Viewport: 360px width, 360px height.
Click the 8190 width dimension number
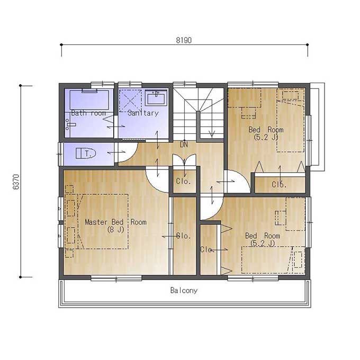(x=184, y=40)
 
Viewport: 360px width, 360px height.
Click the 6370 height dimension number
(x=16, y=182)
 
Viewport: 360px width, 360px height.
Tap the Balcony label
(x=184, y=291)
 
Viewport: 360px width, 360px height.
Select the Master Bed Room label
(x=116, y=222)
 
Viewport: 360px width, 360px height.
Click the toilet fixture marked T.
(x=86, y=153)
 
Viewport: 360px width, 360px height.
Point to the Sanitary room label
(x=143, y=113)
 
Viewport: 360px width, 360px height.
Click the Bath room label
(x=88, y=113)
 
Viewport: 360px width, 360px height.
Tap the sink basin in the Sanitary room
(x=156, y=98)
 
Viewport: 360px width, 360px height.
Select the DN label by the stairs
(x=184, y=145)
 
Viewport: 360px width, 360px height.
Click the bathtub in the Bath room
(x=89, y=100)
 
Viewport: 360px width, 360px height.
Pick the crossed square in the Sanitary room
(x=130, y=101)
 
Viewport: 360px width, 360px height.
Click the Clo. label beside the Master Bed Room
(x=184, y=236)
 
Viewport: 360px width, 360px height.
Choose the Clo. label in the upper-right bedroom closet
(x=279, y=184)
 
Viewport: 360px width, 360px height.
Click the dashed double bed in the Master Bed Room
(x=96, y=221)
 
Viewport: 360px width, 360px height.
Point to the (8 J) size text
(x=115, y=229)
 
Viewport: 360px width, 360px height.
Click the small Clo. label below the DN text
(x=184, y=182)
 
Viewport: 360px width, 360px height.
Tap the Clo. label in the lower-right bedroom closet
(x=207, y=249)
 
